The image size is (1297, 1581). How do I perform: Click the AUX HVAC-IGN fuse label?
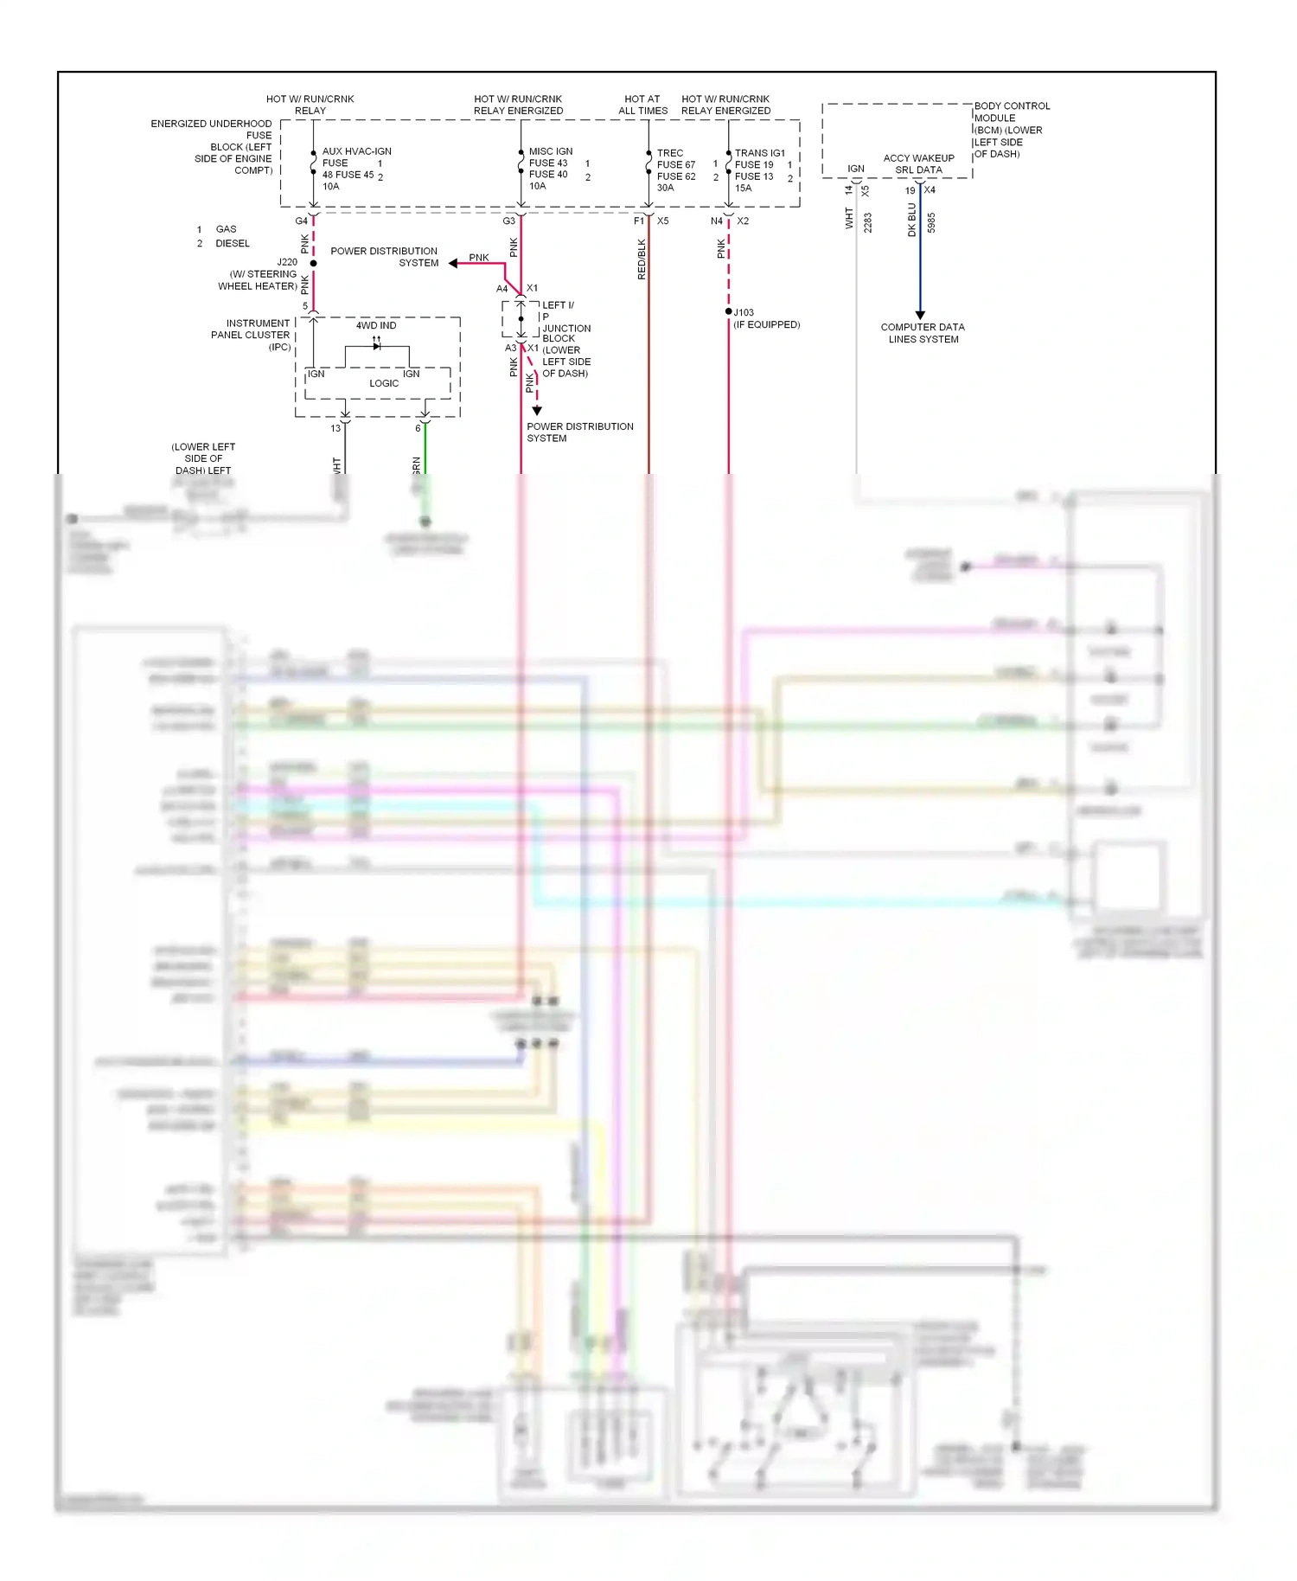click(x=356, y=151)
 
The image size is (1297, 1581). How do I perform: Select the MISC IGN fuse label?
click(x=550, y=151)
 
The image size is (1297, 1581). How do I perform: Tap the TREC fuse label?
click(x=670, y=153)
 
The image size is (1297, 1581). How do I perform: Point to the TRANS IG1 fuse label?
click(x=759, y=153)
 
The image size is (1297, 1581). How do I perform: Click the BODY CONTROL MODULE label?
click(x=1011, y=112)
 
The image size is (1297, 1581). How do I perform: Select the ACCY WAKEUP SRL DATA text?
click(x=918, y=164)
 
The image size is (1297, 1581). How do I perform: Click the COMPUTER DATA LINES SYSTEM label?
click(x=923, y=333)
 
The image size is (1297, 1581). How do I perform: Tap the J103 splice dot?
click(x=729, y=312)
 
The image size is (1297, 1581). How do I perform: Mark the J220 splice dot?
click(x=313, y=263)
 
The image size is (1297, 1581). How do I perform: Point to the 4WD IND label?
click(x=376, y=326)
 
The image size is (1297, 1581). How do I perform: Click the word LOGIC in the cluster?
click(x=384, y=383)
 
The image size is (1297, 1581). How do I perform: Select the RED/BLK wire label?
click(x=642, y=259)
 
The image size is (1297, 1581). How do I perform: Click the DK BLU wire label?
click(x=911, y=220)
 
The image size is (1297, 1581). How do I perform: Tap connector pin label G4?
click(x=301, y=221)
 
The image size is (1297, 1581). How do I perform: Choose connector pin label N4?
click(x=716, y=221)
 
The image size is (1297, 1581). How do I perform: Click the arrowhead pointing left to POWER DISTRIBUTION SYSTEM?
click(x=453, y=263)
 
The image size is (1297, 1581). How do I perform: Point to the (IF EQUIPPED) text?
click(x=766, y=325)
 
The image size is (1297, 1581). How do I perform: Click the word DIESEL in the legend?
click(x=233, y=244)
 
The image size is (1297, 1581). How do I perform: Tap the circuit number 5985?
click(x=931, y=223)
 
